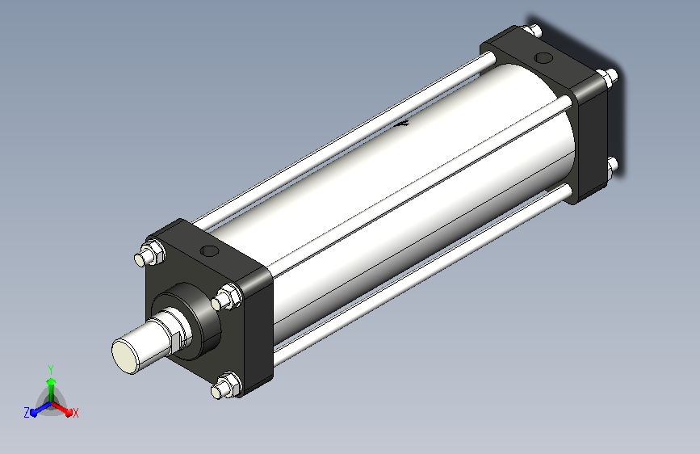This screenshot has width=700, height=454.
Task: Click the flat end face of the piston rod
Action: coord(125,355)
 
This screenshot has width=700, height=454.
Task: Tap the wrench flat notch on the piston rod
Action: coord(175,338)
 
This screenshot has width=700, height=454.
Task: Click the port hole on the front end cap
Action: coord(209,250)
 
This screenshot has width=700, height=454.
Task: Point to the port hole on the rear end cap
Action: coord(543,57)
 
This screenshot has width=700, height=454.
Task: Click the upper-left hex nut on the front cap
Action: coord(153,253)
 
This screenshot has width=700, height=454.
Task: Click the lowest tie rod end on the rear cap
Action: coord(613,166)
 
